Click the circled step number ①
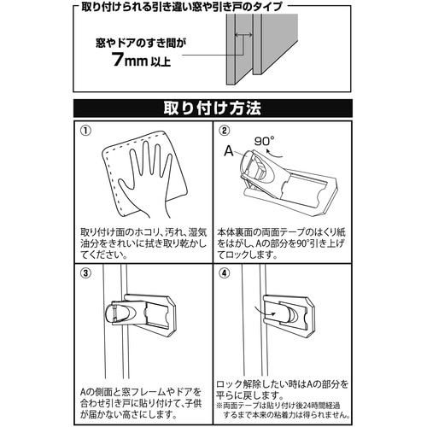pyautogui.click(x=85, y=131)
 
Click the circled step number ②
pyautogui.click(x=225, y=131)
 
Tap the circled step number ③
pyautogui.click(x=85, y=273)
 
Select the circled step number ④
pyautogui.click(x=225, y=273)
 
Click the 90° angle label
pyautogui.click(x=265, y=141)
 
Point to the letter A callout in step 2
pyautogui.click(x=229, y=151)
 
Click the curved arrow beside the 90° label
pyautogui.click(x=274, y=154)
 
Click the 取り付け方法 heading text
pyautogui.click(x=213, y=108)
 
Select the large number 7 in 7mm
pyautogui.click(x=118, y=59)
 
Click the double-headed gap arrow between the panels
pyautogui.click(x=243, y=35)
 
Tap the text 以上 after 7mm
pyautogui.click(x=161, y=61)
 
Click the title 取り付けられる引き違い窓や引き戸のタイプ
pyautogui.click(x=181, y=7)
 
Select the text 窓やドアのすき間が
pyautogui.click(x=141, y=44)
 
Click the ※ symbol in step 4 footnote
pyautogui.click(x=219, y=406)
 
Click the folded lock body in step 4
pyautogui.click(x=289, y=317)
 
